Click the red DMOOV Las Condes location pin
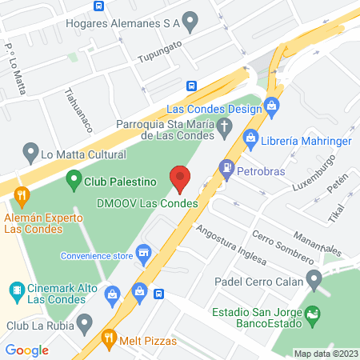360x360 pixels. click(x=180, y=178)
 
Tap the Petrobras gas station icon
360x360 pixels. click(x=227, y=169)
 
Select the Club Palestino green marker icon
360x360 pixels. click(x=74, y=181)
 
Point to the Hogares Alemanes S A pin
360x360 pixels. click(x=190, y=20)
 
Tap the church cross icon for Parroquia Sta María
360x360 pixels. click(x=226, y=126)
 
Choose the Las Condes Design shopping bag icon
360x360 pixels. click(x=272, y=105)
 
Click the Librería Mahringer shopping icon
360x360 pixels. click(x=251, y=140)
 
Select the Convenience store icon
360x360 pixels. click(x=144, y=254)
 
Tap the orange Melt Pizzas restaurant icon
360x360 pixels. click(x=108, y=339)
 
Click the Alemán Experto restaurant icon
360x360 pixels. click(x=22, y=194)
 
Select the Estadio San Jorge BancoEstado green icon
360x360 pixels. click(x=314, y=314)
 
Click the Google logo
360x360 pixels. click(x=26, y=350)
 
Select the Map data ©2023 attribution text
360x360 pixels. click(x=325, y=354)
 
